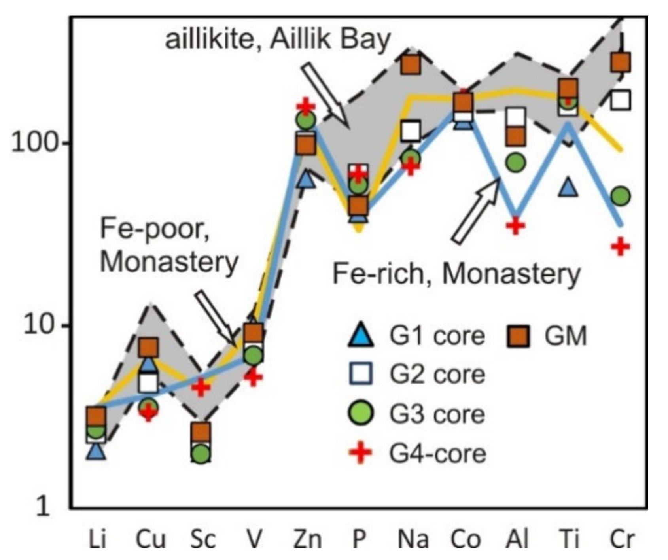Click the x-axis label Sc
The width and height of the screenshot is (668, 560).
pos(202,539)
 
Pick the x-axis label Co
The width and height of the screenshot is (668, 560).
pos(465,539)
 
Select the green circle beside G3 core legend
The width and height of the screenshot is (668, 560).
pos(360,413)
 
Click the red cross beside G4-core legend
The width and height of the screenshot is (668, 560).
pos(360,452)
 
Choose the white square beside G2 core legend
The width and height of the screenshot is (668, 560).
pos(360,374)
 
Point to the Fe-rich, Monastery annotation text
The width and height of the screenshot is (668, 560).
pos(456,274)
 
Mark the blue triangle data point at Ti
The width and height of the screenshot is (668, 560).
pos(569,187)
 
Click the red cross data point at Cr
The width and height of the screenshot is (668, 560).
pos(620,247)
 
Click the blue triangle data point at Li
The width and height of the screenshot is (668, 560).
pos(97,451)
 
